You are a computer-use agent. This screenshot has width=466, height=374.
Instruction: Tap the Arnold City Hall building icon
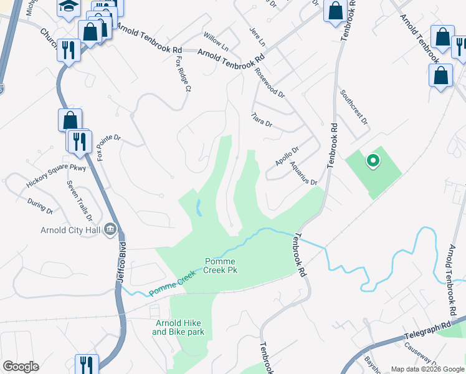[x=111, y=229]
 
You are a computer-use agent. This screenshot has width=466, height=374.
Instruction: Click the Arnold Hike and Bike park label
[x=178, y=327]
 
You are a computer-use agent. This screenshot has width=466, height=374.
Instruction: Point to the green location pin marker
[x=373, y=161]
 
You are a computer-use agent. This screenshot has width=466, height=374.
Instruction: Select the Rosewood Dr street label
[x=269, y=83]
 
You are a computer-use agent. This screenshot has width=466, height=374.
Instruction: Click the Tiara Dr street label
[x=262, y=119]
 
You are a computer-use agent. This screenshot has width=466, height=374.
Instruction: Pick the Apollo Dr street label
[x=287, y=156]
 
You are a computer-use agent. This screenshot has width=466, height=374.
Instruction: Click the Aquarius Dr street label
[x=303, y=173]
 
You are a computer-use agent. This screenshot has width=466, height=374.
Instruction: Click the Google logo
[x=21, y=367]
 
